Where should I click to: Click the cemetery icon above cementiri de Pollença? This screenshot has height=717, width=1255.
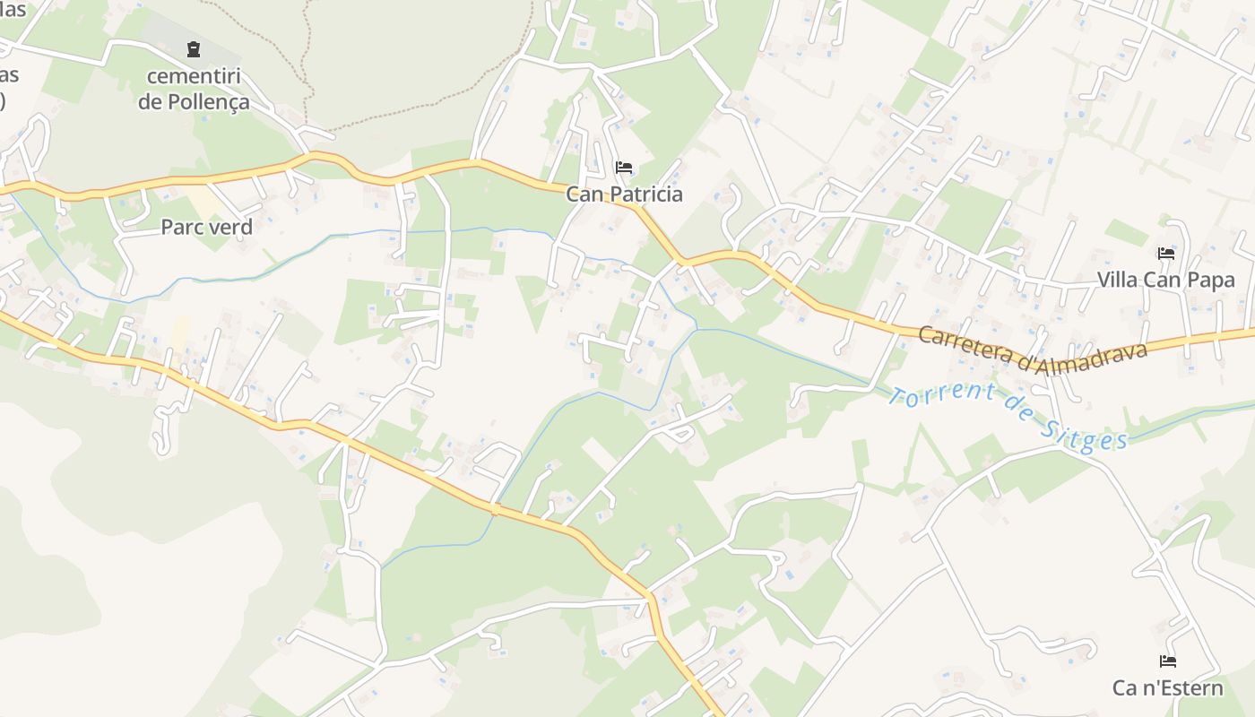[194, 48]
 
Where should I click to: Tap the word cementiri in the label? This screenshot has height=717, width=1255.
[195, 76]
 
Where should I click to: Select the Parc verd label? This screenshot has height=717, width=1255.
[206, 227]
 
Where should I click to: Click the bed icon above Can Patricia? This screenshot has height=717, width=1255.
[624, 168]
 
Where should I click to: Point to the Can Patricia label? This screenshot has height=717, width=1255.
[624, 194]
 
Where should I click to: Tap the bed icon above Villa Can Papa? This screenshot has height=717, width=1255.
[1166, 254]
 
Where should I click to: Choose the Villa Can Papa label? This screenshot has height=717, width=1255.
[1166, 280]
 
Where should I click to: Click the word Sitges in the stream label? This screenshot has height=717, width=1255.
[1085, 436]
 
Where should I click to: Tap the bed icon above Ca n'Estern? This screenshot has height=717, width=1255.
[1167, 661]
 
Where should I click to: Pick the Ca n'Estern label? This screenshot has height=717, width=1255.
[1167, 687]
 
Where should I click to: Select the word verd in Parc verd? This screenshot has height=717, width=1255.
[232, 227]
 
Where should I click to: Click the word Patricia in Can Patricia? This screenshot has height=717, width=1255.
[645, 194]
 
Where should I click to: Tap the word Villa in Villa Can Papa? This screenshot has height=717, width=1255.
[1118, 280]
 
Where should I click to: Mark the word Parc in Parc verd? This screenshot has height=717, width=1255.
[181, 227]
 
